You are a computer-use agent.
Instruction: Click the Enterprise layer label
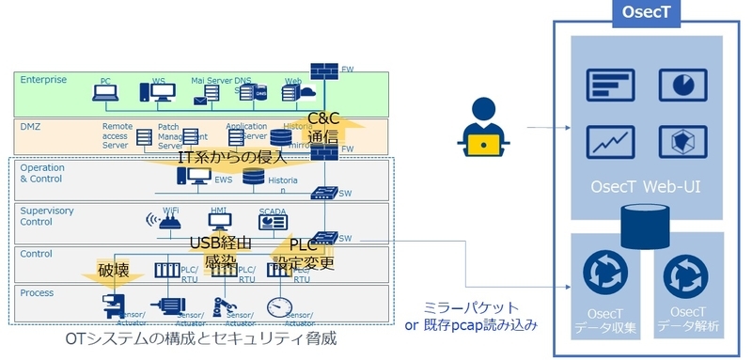click(43, 80)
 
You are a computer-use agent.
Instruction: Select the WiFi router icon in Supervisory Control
click(169, 224)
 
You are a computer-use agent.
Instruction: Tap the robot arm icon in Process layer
click(222, 306)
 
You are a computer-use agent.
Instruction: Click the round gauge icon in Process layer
click(277, 305)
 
